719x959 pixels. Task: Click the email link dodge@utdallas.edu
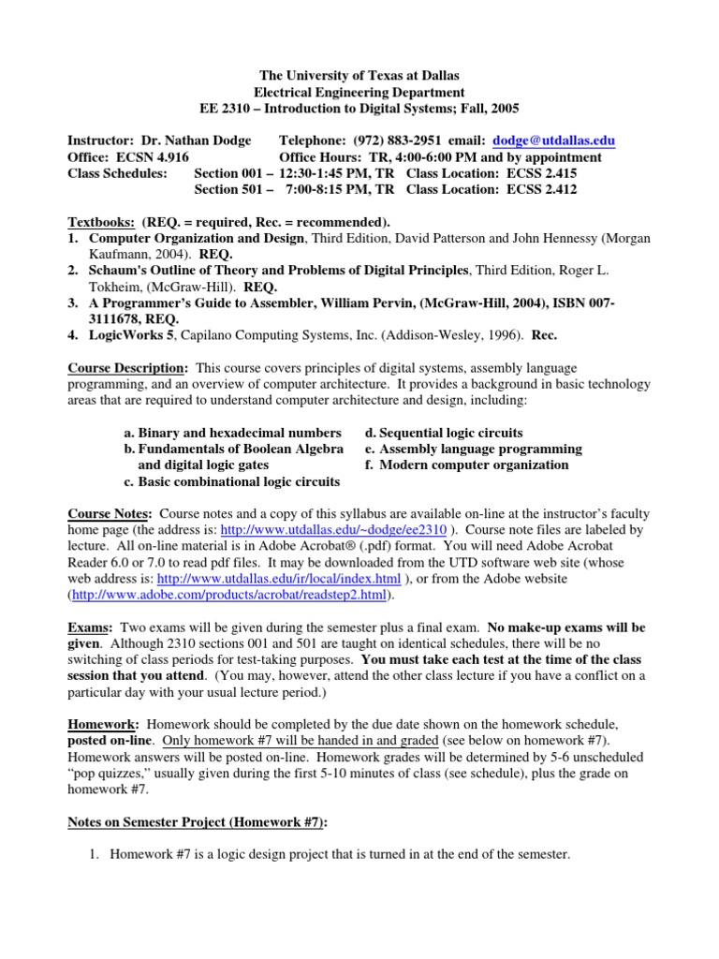click(x=556, y=140)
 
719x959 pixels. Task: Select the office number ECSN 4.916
click(x=151, y=157)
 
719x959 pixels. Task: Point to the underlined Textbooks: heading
click(x=102, y=223)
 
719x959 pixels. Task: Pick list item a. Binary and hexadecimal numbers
click(x=232, y=433)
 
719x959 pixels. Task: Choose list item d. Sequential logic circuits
click(x=445, y=433)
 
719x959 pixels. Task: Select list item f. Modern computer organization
click(x=467, y=465)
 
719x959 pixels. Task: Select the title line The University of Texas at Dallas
click(x=359, y=74)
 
